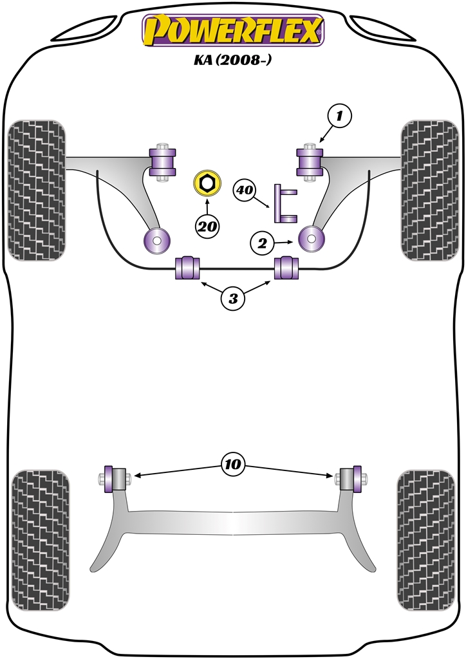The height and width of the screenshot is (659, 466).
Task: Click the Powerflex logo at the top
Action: click(x=232, y=31)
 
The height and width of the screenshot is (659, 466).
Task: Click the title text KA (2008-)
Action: click(x=233, y=63)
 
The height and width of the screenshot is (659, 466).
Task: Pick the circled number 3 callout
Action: click(x=233, y=298)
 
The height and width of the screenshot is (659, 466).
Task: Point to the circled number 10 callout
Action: click(x=233, y=463)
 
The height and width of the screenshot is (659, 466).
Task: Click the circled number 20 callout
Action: click(x=207, y=226)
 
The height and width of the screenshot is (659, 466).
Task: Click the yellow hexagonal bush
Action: click(x=207, y=183)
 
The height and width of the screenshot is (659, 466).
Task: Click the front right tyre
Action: click(x=429, y=190)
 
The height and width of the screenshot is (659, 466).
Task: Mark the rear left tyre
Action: click(x=41, y=539)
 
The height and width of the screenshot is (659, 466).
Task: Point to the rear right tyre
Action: click(x=426, y=539)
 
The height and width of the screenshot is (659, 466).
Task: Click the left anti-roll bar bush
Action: click(x=189, y=268)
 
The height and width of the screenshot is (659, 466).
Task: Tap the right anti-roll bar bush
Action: click(x=287, y=268)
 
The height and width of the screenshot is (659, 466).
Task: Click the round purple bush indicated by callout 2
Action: click(x=312, y=239)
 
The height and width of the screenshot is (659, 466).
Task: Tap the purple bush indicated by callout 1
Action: click(x=311, y=161)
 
